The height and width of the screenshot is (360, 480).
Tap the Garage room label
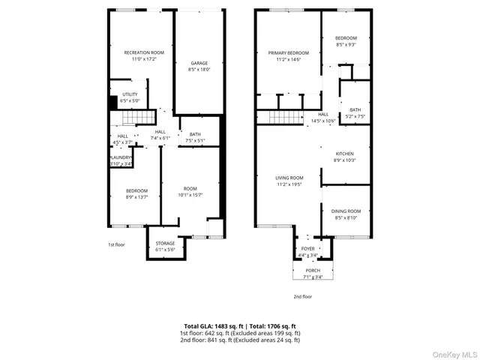[199, 63]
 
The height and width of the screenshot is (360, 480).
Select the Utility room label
[129, 94]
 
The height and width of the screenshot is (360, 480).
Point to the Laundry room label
[121, 157]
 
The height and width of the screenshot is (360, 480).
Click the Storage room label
[165, 243]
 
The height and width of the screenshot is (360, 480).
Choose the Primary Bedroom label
[288, 52]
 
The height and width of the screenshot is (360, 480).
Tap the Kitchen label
[344, 153]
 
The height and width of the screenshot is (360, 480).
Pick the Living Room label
[289, 177]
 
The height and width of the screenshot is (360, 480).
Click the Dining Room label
[346, 211]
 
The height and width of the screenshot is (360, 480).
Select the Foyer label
[308, 248]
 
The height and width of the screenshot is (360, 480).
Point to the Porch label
[313, 271]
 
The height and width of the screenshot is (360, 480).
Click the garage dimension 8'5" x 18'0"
[199, 70]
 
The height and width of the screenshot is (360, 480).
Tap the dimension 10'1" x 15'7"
[190, 195]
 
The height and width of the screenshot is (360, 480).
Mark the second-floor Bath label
[355, 110]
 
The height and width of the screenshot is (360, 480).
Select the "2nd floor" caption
[302, 297]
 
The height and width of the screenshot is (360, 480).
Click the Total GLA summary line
[239, 326]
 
